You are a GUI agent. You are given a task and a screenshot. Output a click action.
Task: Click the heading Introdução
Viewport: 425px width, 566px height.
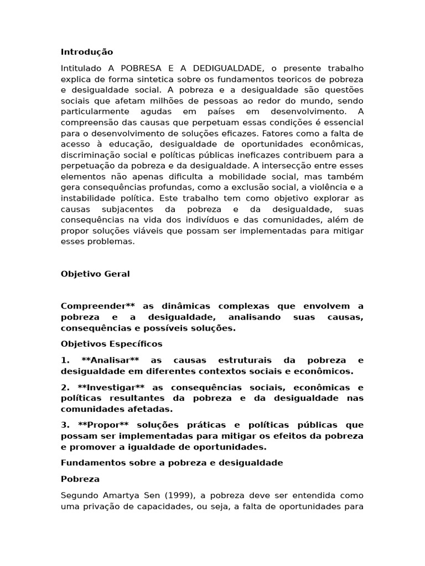tap(86, 52)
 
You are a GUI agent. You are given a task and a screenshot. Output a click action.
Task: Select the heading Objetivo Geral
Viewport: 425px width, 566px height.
tap(95, 274)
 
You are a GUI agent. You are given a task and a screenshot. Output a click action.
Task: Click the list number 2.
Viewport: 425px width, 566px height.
tap(64, 387)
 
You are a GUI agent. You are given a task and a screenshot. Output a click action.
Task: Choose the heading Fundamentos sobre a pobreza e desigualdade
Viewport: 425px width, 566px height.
tap(172, 463)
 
